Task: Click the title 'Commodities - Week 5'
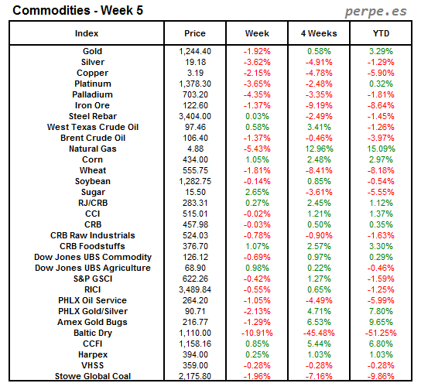tap(67, 11)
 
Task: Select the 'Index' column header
tap(86, 33)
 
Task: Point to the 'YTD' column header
tap(380, 33)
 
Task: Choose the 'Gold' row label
tap(92, 51)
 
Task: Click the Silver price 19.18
tap(195, 62)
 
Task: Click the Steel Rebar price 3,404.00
tap(195, 116)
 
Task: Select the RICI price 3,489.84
tap(195, 289)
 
